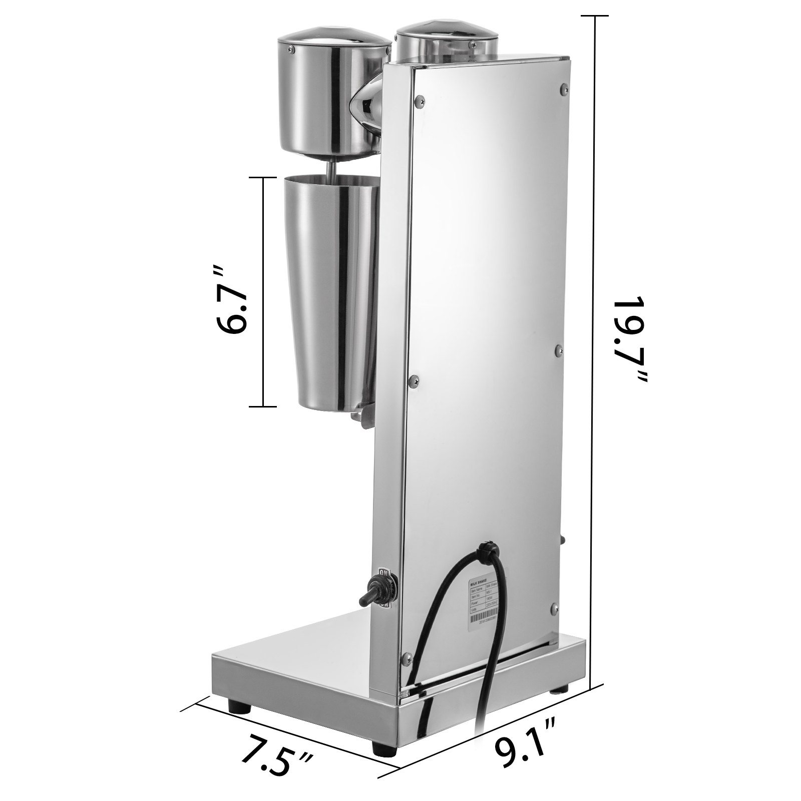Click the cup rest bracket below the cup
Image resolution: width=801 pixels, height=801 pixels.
coord(361,413)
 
